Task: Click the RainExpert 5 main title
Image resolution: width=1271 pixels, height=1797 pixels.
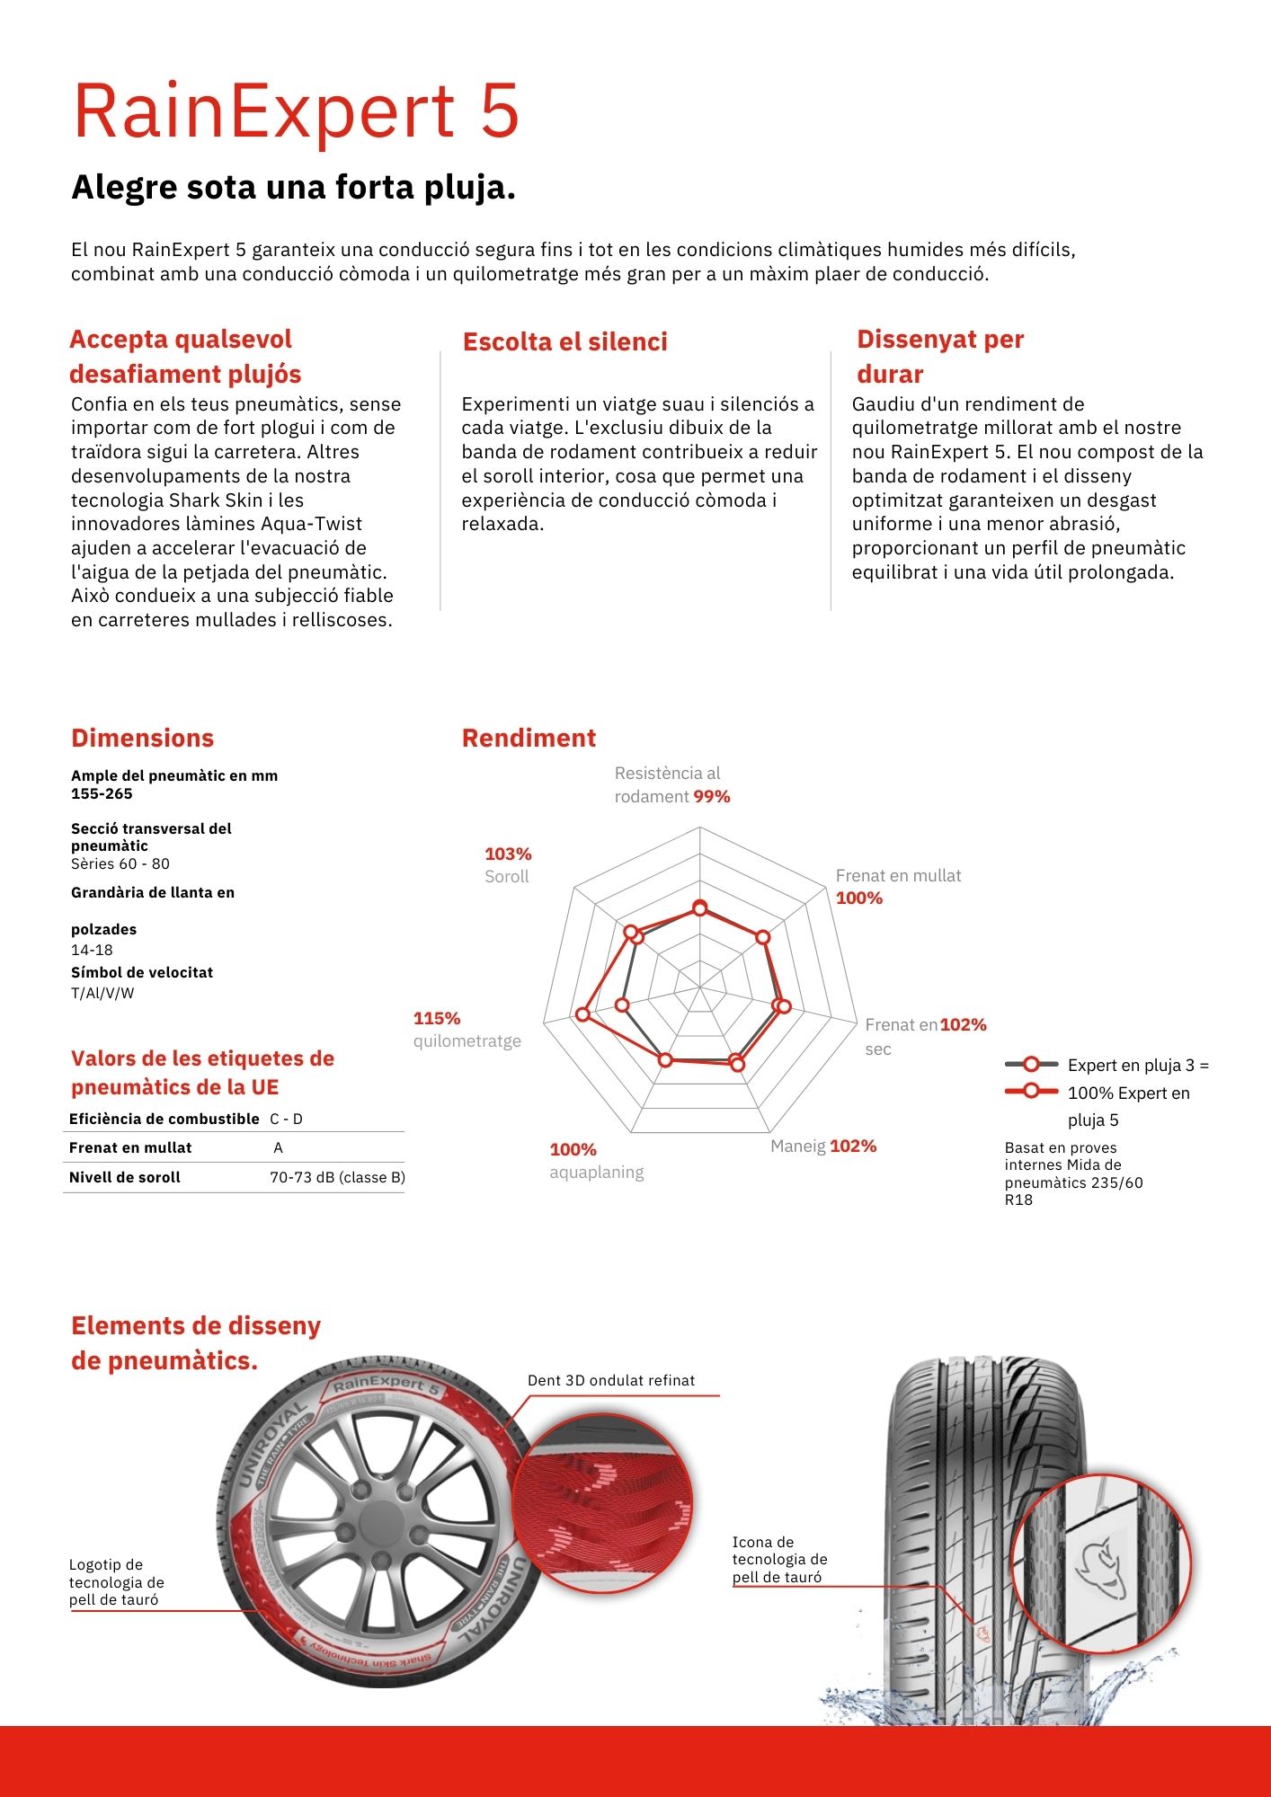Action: (x=297, y=111)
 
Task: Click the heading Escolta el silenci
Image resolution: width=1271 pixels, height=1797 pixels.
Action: (x=564, y=341)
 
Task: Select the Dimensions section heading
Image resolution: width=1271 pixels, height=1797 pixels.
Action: (x=142, y=738)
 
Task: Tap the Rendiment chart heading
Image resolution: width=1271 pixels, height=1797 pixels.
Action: (x=529, y=738)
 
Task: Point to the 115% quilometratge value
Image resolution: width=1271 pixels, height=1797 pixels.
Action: (x=437, y=1018)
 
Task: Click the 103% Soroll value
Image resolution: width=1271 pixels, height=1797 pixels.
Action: (x=508, y=854)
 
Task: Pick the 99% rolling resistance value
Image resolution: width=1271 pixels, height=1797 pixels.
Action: (x=712, y=796)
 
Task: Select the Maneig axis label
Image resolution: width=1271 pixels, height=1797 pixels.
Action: (x=797, y=1146)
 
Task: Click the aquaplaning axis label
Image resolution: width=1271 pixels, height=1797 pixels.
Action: (x=597, y=1172)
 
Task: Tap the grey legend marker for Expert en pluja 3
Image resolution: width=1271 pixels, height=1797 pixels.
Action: (x=1031, y=1065)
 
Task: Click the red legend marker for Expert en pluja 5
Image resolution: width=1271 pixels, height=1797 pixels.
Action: (x=1031, y=1092)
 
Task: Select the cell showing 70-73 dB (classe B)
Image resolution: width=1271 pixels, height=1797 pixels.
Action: (x=337, y=1177)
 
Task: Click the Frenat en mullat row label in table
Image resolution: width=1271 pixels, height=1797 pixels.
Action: (x=130, y=1147)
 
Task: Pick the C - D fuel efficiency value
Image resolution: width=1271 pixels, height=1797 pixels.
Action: (x=286, y=1119)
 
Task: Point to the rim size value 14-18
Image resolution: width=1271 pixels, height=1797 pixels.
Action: (x=92, y=950)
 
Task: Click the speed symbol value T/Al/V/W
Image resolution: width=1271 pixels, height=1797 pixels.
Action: (x=102, y=993)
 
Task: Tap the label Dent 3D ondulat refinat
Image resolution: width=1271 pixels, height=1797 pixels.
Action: (x=611, y=1380)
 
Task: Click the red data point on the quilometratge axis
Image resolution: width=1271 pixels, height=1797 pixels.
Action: (x=582, y=1014)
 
